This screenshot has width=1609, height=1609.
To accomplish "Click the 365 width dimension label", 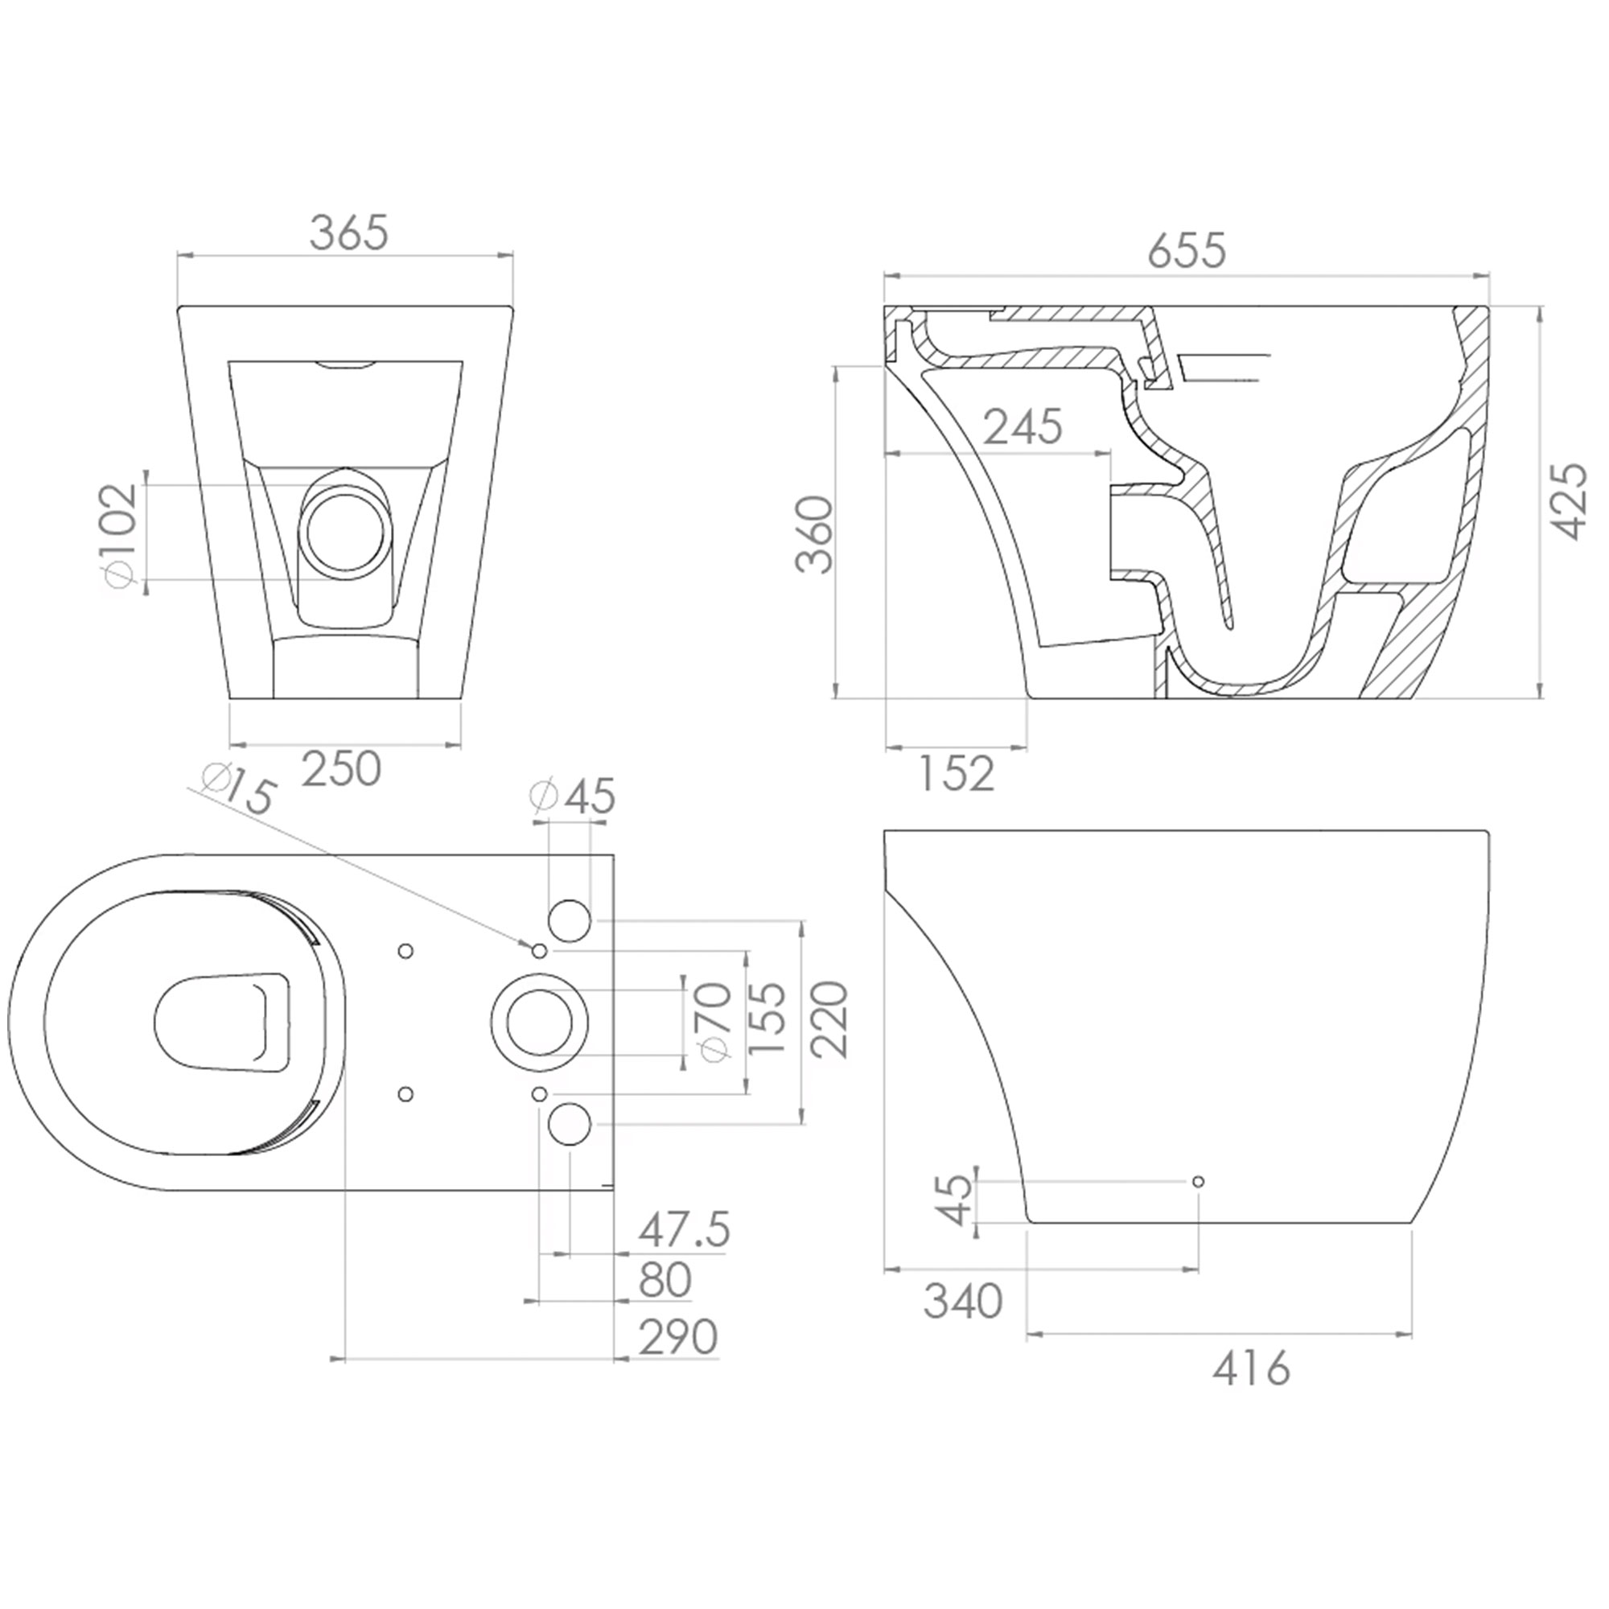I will (348, 233).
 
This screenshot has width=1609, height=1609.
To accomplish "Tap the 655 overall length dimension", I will (1187, 251).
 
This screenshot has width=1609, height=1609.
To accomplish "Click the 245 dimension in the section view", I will (1023, 427).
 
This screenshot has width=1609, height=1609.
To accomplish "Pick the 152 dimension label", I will (956, 775).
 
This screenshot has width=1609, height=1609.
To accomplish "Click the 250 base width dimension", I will (340, 768).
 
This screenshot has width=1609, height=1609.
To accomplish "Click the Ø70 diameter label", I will (715, 1023).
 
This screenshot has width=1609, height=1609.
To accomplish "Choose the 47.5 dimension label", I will (684, 1230).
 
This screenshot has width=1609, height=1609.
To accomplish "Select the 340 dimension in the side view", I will (963, 1302).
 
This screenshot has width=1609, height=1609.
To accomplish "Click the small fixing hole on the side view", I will (1198, 1181).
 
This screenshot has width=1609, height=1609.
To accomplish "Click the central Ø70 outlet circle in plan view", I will (540, 1022).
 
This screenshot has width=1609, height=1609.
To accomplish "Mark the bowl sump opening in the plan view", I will (223, 1021).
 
